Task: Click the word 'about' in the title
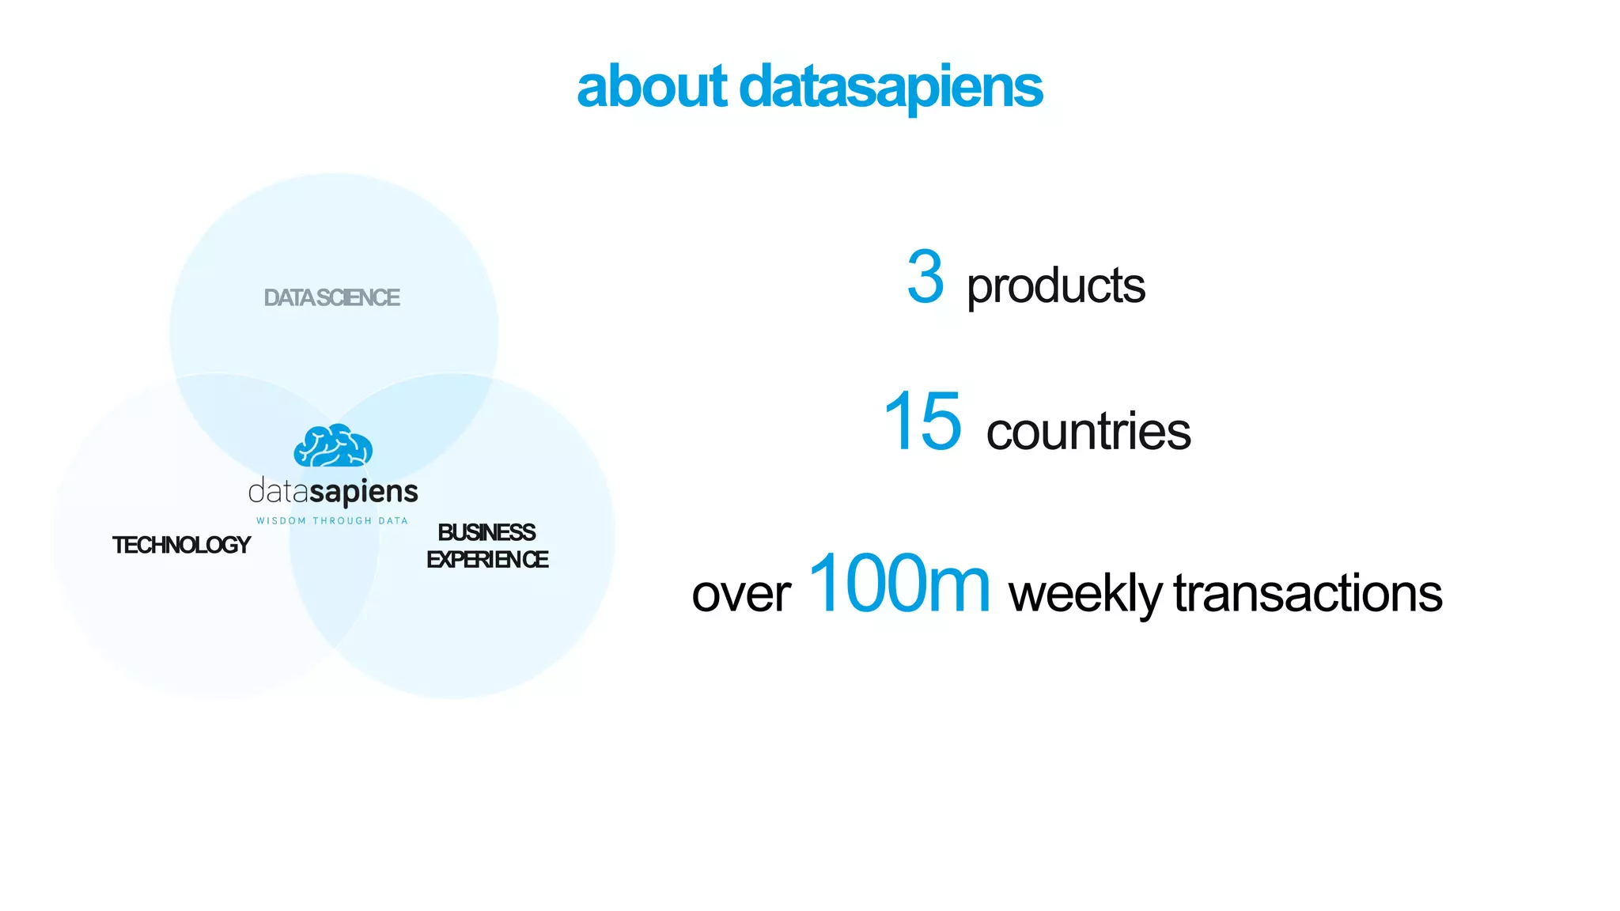[x=651, y=87]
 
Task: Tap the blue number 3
[x=925, y=277]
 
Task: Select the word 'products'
[x=1055, y=285]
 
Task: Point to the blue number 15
[x=922, y=422]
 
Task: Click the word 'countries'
[x=1088, y=432]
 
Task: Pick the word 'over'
[x=740, y=594]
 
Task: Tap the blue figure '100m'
[x=899, y=584]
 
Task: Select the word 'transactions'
[x=1308, y=594]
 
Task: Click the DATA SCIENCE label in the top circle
[x=331, y=298]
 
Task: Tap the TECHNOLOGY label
[x=181, y=545]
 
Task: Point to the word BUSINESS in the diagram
[x=486, y=532]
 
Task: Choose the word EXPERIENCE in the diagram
[x=487, y=560]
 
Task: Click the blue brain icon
[x=333, y=446]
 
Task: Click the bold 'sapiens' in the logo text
[x=363, y=493]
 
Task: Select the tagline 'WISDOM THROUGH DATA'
[x=332, y=521]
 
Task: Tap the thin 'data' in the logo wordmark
[x=278, y=492]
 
